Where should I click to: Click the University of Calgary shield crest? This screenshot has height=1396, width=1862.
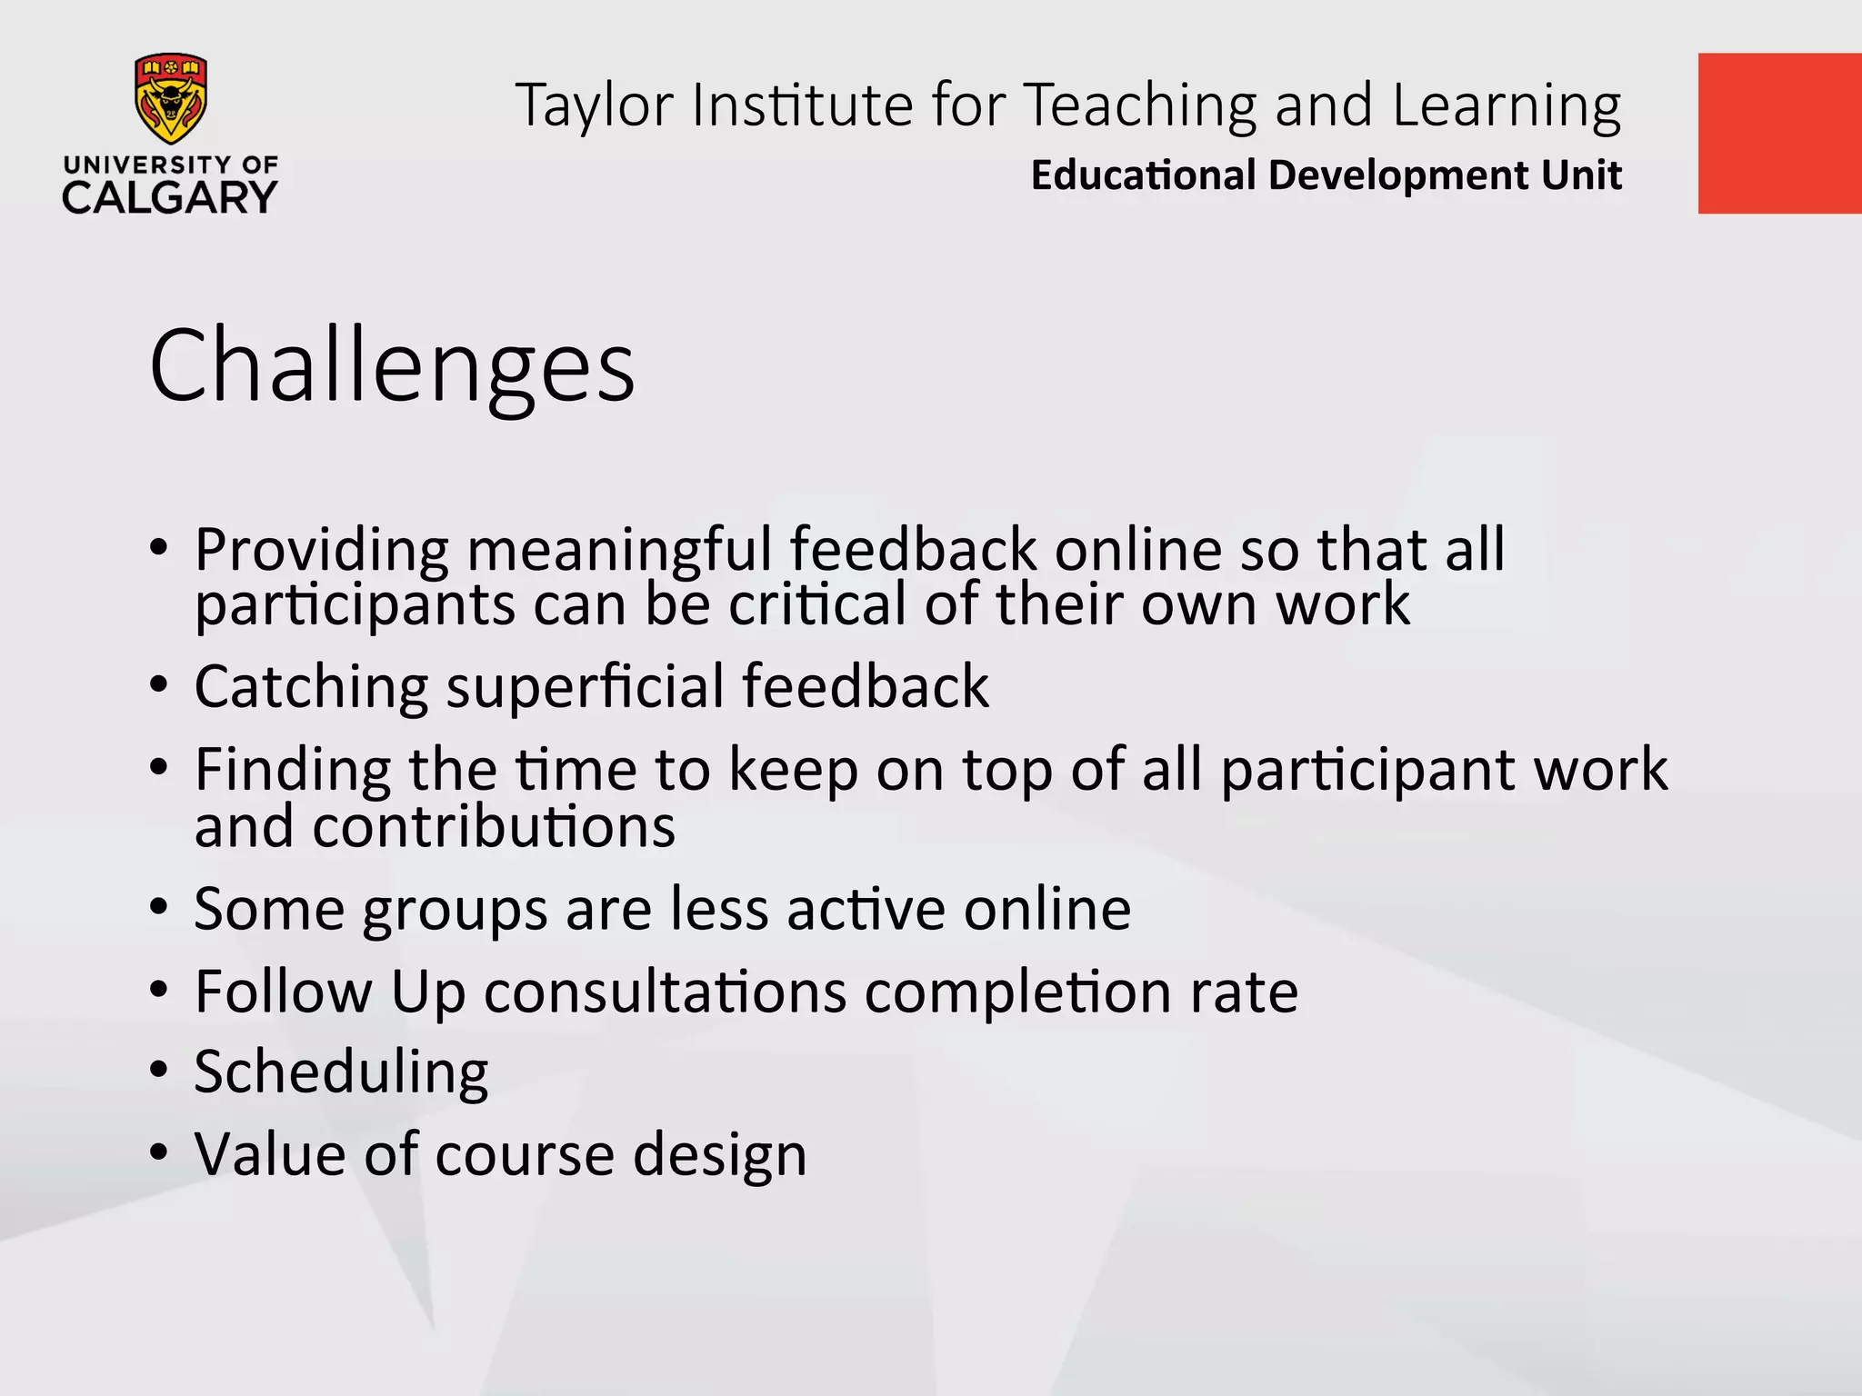coord(170,98)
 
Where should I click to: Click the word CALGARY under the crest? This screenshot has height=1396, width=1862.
coord(170,197)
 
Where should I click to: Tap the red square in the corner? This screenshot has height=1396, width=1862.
coord(1779,134)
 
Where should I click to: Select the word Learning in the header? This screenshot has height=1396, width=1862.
coord(1506,105)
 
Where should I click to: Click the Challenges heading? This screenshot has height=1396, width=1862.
coord(392,366)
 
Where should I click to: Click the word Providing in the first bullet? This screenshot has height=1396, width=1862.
coord(321,550)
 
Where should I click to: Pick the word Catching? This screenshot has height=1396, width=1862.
coord(311,686)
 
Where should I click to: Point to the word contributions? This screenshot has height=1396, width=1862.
coord(494,827)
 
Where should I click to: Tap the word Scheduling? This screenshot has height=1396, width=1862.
coord(341,1072)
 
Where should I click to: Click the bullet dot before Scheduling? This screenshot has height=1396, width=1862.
coord(159,1071)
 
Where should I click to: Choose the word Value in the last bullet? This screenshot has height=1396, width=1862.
coord(270,1154)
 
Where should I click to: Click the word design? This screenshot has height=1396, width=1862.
coord(719,1154)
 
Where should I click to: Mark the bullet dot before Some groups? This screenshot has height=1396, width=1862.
coord(159,907)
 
